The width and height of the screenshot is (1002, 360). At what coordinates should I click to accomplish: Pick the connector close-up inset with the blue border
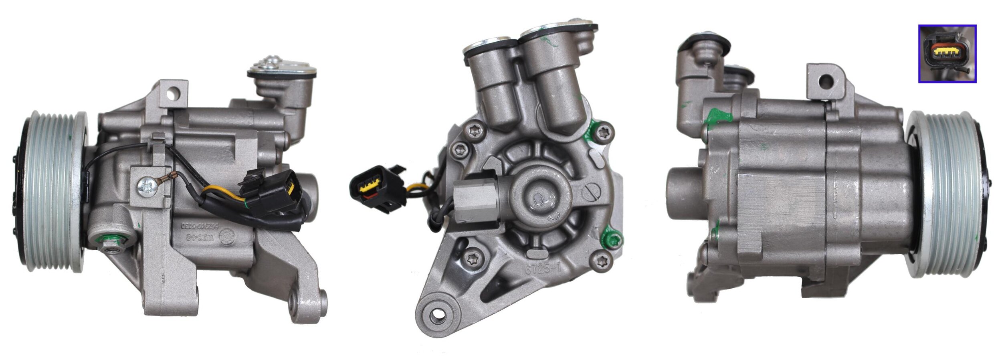947,54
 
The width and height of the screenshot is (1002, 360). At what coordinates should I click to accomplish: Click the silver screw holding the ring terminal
147,187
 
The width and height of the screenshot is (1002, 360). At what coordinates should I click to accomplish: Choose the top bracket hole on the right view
826,81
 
